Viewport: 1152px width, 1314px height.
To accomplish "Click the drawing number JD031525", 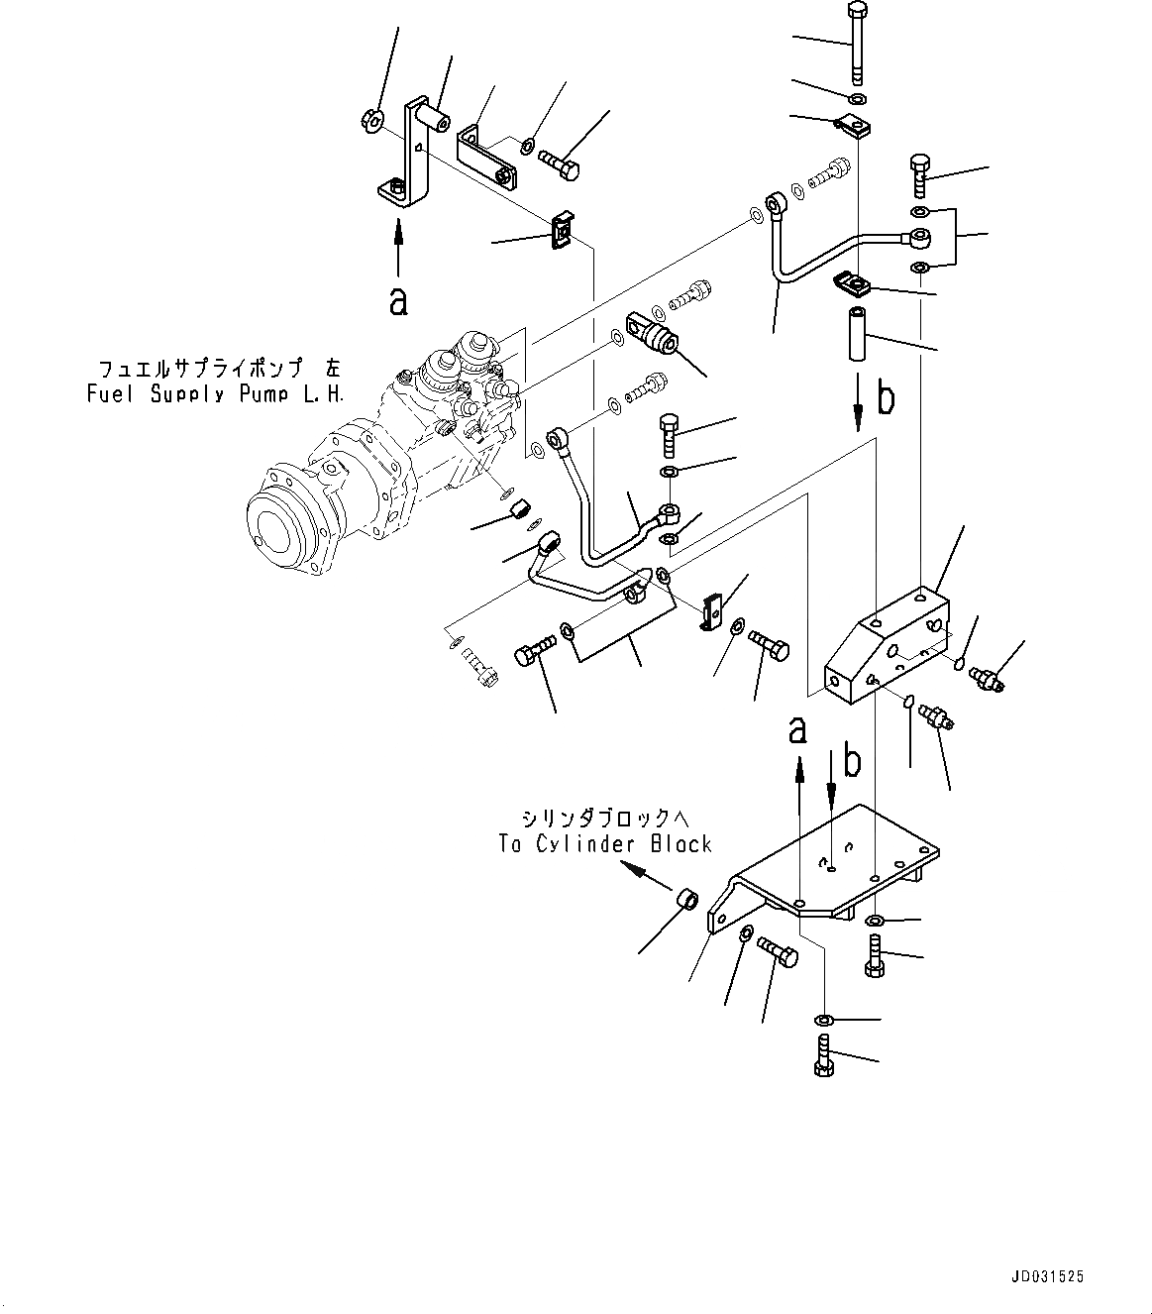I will click(1047, 1277).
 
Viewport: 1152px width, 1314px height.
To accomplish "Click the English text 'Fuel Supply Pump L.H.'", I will click(215, 393).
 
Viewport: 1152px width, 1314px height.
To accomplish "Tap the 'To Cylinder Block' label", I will click(605, 844).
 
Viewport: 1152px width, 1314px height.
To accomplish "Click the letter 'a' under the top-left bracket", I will click(398, 300).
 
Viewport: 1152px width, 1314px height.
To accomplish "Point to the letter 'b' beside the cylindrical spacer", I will click(887, 398).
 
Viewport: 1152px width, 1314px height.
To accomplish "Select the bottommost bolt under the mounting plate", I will click(822, 1054).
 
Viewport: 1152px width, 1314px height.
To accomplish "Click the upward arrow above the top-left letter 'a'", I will click(398, 247).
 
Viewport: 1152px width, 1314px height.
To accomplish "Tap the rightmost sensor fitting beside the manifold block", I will click(989, 678).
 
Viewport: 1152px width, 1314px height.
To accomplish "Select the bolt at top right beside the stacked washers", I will click(918, 175).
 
